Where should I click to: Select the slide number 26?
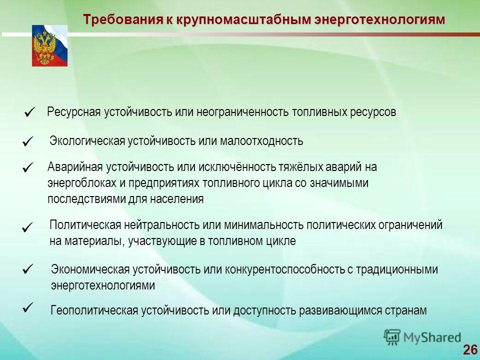pyautogui.click(x=470, y=349)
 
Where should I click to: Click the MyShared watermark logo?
pyautogui.click(x=422, y=337)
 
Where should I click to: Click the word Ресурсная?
pyautogui.click(x=74, y=112)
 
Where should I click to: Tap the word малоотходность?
pyautogui.click(x=261, y=141)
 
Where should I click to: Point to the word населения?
pyautogui.click(x=176, y=199)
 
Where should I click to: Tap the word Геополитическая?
pyautogui.click(x=94, y=310)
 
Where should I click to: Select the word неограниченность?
pyautogui.click(x=242, y=112)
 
